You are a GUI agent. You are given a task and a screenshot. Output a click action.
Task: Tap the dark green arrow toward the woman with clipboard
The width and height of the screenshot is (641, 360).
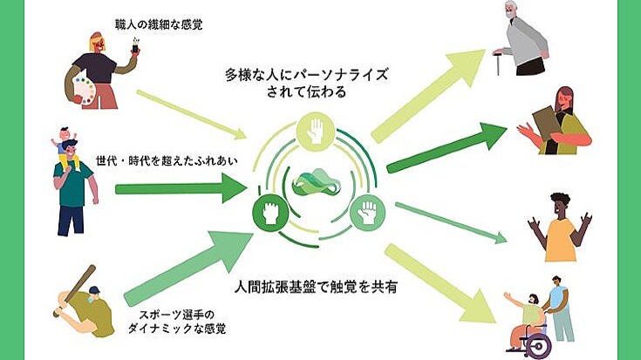tap(445, 146)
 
